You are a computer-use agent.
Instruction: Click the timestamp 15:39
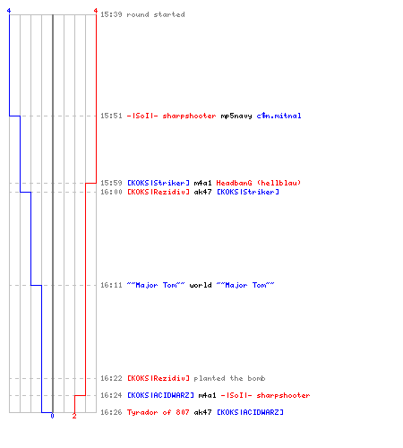tap(111, 14)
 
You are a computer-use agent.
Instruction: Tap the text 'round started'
tap(156, 14)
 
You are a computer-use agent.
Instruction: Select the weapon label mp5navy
tap(236, 116)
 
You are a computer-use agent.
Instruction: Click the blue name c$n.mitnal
tap(279, 116)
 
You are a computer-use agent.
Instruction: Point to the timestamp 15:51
tap(111, 116)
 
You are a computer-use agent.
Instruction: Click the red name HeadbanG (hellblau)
tap(259, 183)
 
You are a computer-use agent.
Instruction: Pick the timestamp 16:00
tap(111, 192)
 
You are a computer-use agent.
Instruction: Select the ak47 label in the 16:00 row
tap(202, 192)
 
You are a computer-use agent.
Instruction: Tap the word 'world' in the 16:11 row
tap(201, 285)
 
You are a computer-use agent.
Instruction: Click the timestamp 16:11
tap(111, 285)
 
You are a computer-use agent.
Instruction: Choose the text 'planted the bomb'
tap(229, 378)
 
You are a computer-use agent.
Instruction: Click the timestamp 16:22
tap(111, 378)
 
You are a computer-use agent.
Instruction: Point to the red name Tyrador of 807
tap(159, 412)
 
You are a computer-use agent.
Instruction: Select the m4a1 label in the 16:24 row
tap(207, 395)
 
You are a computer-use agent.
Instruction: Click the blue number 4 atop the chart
tap(9, 11)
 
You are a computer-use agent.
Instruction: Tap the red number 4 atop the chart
tap(96, 11)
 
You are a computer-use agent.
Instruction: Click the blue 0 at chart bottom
tap(52, 416)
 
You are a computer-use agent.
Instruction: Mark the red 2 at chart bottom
tap(74, 416)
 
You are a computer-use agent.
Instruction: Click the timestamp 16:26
tap(111, 412)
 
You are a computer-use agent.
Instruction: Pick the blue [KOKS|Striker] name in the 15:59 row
tap(159, 183)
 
